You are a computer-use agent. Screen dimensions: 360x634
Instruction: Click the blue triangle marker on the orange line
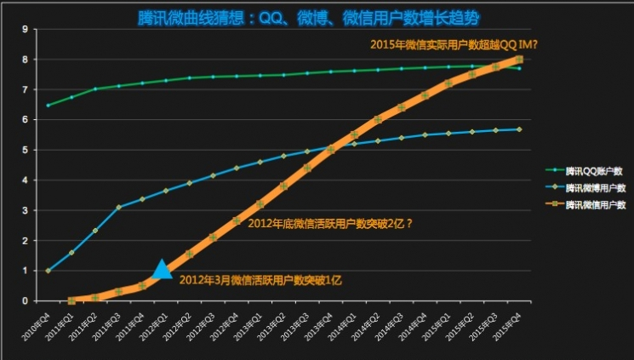tap(162, 271)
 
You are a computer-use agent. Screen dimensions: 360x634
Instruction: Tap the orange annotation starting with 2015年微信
tap(453, 44)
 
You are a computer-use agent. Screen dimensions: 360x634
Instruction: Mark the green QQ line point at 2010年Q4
tap(48, 106)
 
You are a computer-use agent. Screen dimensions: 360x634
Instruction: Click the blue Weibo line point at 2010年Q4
tap(48, 271)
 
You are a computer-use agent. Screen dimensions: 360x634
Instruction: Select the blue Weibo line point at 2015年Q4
tap(519, 129)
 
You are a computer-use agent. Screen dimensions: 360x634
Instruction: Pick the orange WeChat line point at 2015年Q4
tap(519, 59)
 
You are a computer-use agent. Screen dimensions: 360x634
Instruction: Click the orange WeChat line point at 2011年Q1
tap(71, 300)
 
